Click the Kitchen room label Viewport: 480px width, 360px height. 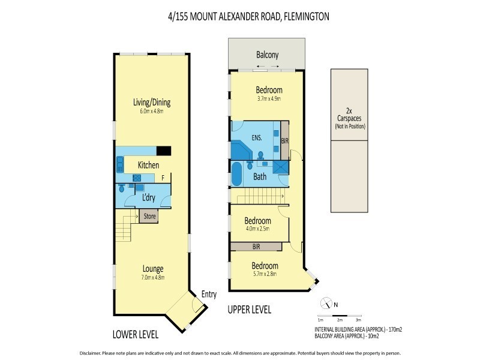[x=148, y=164]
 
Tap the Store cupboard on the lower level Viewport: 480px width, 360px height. [x=148, y=217]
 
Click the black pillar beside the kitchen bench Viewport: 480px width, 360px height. [x=164, y=151]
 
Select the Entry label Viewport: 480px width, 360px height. [x=209, y=294]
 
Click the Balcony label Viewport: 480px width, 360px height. [x=267, y=55]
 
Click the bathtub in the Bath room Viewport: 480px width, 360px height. [x=236, y=175]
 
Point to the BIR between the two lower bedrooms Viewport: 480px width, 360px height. [x=256, y=246]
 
